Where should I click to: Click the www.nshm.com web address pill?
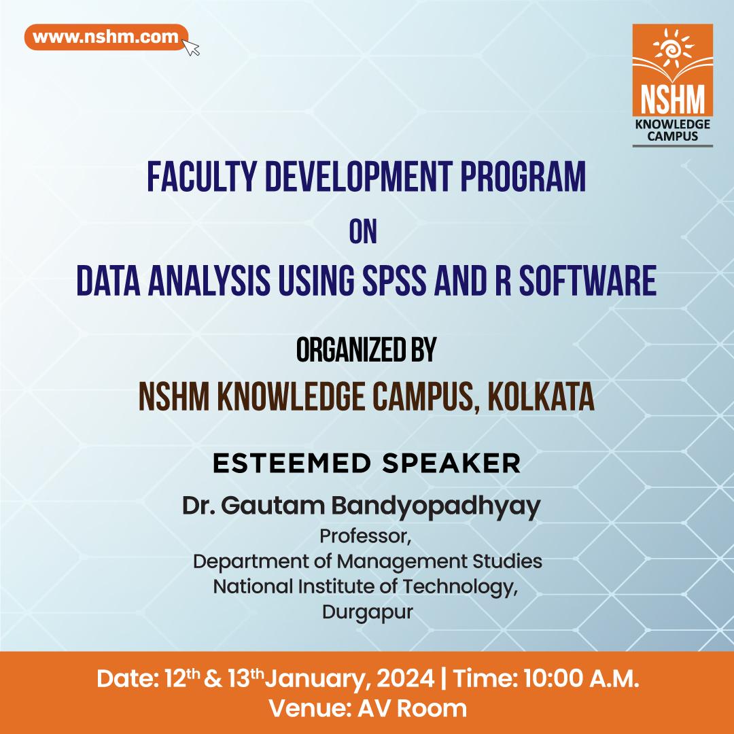coord(105,37)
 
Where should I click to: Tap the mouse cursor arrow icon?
coord(192,47)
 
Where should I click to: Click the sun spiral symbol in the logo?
coord(672,52)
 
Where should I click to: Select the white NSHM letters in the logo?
coord(672,99)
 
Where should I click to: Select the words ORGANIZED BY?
coord(366,351)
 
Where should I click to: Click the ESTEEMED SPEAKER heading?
coord(366,464)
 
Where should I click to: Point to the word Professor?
coord(366,537)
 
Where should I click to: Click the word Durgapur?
coord(367,612)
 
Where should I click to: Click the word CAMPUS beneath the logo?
coord(672,136)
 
